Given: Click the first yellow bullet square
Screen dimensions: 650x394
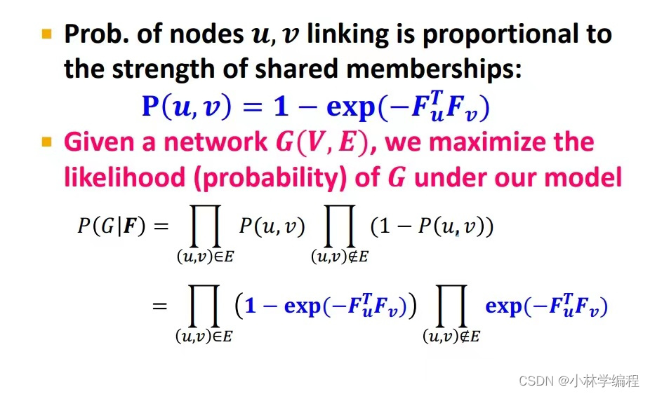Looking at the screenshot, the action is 48,33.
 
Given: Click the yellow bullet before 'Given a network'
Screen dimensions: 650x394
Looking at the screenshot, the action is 48,142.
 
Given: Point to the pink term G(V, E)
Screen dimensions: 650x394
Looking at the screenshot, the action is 319,143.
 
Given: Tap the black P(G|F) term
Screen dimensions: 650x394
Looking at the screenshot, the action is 110,225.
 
